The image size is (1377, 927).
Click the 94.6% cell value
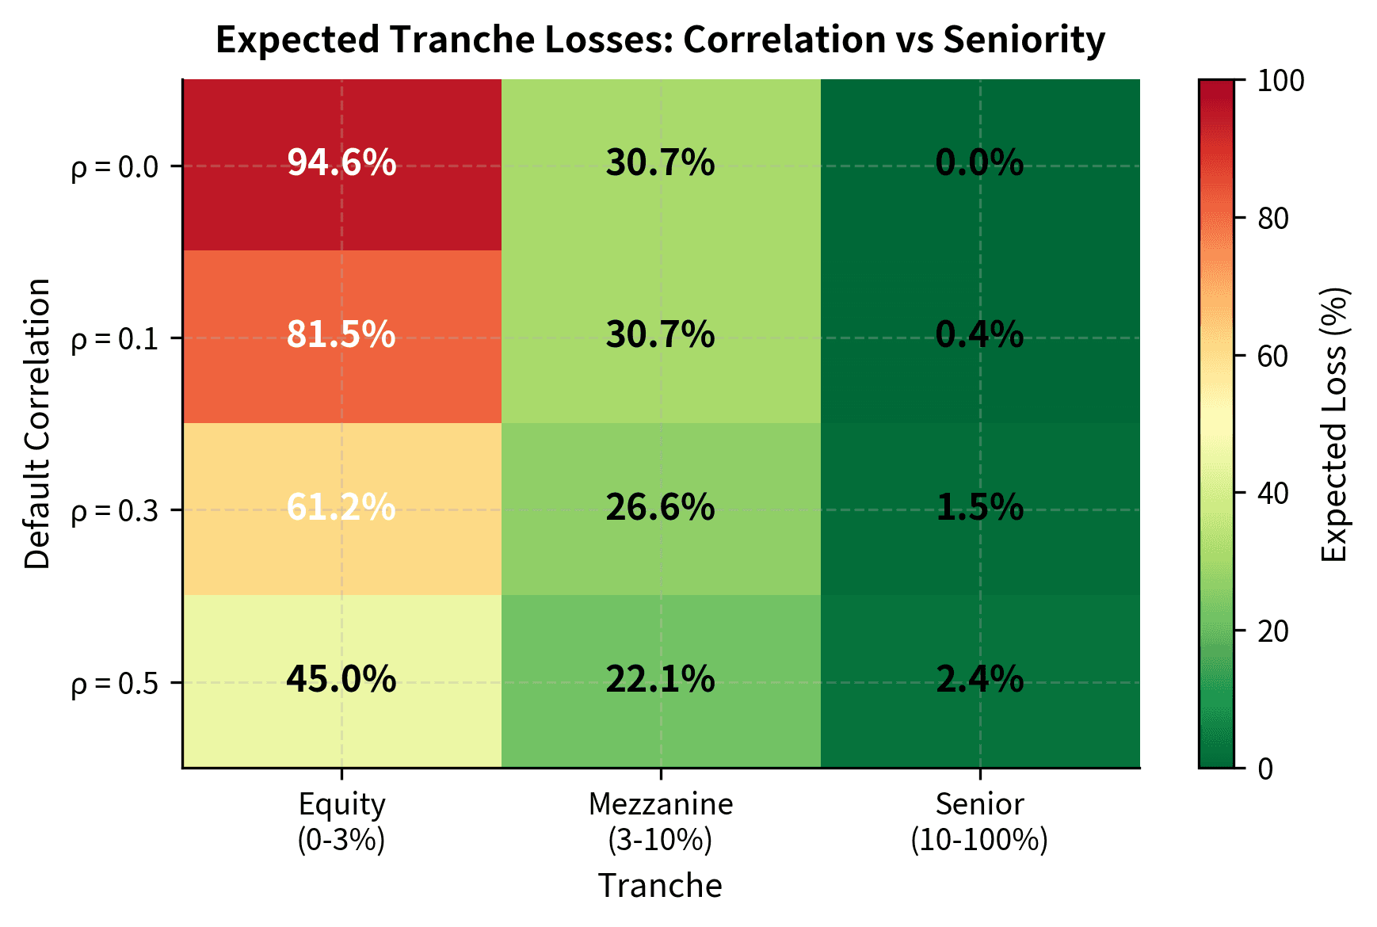click(341, 163)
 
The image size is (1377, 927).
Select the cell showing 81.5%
click(341, 335)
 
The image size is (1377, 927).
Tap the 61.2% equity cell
click(341, 507)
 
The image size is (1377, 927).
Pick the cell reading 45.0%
click(341, 680)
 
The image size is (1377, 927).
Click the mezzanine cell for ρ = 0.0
click(660, 163)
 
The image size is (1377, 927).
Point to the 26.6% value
click(660, 507)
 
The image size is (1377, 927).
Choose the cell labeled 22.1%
click(660, 680)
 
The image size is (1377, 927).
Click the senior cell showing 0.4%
click(979, 335)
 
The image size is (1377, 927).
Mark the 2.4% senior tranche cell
click(979, 680)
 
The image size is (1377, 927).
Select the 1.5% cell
click(979, 507)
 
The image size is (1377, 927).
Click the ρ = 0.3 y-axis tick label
click(115, 511)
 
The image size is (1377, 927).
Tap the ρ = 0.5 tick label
click(115, 683)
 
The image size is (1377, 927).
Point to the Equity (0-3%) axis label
click(341, 822)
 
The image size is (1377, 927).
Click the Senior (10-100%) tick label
click(979, 822)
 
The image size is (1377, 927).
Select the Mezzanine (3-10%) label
click(660, 822)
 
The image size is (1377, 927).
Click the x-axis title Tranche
click(660, 886)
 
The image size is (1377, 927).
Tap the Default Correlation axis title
click(37, 424)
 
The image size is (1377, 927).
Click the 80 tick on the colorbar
click(1273, 219)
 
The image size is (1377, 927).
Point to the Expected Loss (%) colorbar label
click(1335, 424)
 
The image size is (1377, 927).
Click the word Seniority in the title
click(1024, 40)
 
